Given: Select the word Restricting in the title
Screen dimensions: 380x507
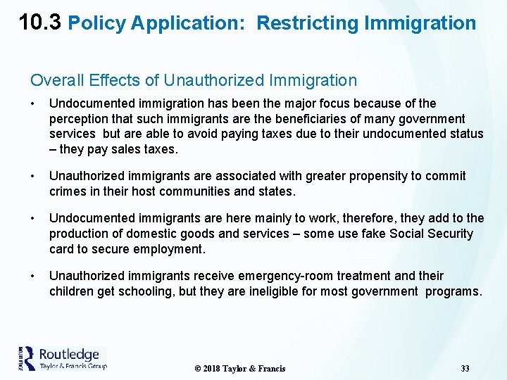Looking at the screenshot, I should click(x=308, y=23).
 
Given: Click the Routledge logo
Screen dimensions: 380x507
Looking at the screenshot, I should click(x=62, y=357).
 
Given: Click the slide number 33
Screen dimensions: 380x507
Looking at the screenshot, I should click(x=465, y=369).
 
